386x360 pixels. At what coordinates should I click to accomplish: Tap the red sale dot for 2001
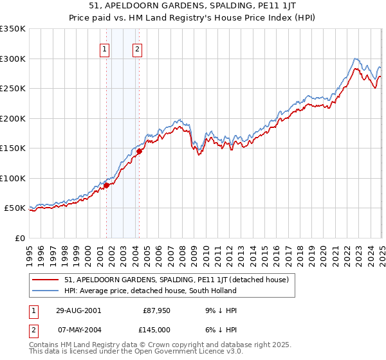pos(107,185)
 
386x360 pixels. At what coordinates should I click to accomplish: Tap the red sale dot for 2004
pos(138,152)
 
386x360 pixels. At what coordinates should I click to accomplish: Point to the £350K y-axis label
pos(13,29)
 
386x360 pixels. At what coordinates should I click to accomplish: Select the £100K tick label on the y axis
pos(13,178)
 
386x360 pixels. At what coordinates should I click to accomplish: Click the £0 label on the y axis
pos(20,238)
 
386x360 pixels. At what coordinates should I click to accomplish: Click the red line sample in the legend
pos(46,280)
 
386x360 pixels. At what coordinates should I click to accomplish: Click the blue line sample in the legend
pos(46,291)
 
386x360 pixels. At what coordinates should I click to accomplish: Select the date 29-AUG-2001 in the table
pos(78,310)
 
